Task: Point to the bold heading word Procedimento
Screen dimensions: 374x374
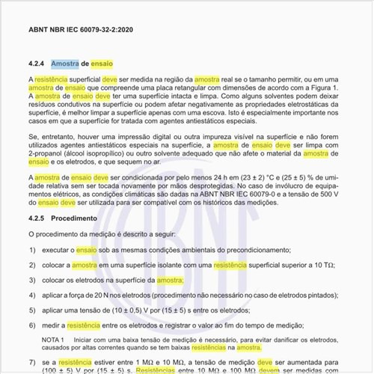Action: (x=75, y=218)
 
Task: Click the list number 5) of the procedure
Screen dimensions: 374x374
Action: (x=32, y=310)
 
